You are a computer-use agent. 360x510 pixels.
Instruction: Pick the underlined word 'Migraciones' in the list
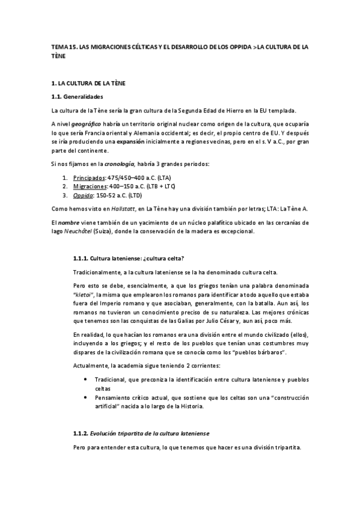[x=90, y=187]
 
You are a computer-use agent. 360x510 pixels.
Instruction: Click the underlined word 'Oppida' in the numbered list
[x=82, y=196]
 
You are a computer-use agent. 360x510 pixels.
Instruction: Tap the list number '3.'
[x=66, y=196]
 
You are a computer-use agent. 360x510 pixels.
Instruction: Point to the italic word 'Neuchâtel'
[x=87, y=232]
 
